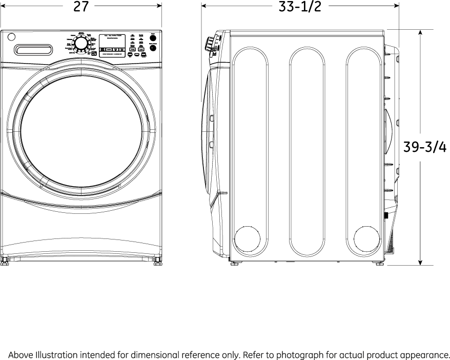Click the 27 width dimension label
[80, 7]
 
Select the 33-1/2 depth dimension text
[300, 7]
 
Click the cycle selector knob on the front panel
[81, 45]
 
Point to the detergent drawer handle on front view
[33, 50]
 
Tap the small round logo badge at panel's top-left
[11, 37]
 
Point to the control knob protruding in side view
[210, 45]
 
